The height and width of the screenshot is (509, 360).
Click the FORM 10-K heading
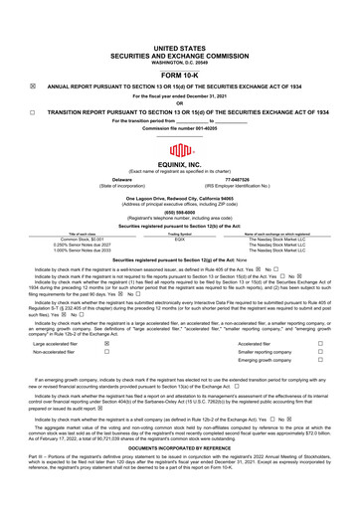point(180,74)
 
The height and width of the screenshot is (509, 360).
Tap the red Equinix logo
point(180,152)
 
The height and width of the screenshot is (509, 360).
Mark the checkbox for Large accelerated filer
point(106,340)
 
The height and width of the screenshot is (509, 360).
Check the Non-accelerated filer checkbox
point(106,352)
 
